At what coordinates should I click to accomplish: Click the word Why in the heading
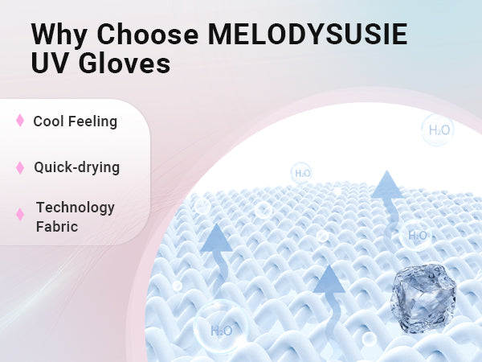[59, 35]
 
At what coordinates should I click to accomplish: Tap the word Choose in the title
[148, 34]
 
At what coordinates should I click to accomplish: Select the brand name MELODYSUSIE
[308, 34]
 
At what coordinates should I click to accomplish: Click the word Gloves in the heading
[125, 63]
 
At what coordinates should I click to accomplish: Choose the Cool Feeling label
[76, 121]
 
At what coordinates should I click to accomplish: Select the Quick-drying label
[77, 168]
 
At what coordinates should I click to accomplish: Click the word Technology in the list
[76, 208]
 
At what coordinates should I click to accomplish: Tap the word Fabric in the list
[57, 227]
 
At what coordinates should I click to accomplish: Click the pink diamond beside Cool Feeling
[20, 121]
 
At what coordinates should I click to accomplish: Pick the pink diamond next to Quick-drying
[20, 167]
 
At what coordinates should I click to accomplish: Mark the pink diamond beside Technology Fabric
[20, 215]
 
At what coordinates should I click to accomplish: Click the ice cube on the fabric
[423, 298]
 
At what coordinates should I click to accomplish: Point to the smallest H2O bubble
[301, 173]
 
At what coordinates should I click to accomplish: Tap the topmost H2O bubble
[438, 130]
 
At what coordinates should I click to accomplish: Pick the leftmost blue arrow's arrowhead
[216, 239]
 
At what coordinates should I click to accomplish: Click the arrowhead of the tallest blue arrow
[386, 185]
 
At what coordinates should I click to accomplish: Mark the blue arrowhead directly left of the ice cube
[329, 279]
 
